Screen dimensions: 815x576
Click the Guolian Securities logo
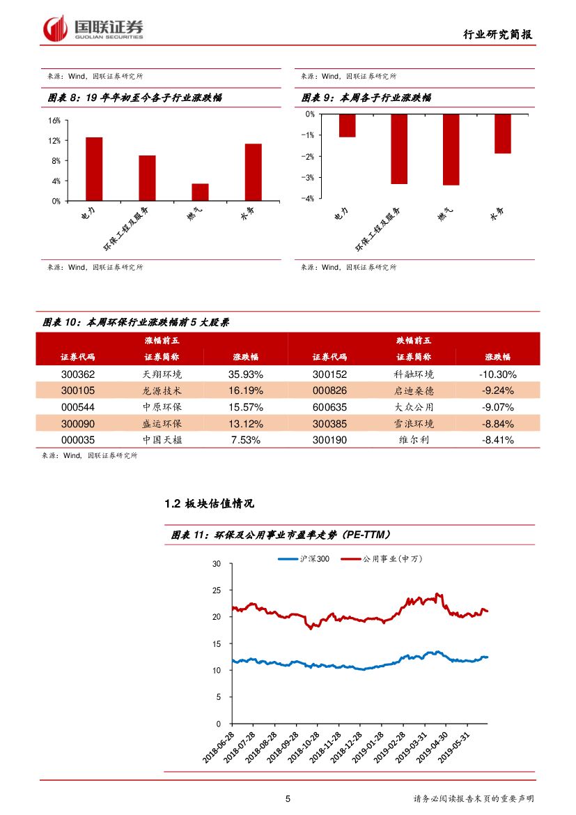tap(94, 29)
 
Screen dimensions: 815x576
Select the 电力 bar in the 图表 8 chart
tap(94, 169)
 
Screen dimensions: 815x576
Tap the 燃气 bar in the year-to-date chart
tap(200, 192)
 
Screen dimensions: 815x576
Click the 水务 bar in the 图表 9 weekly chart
tap(502, 133)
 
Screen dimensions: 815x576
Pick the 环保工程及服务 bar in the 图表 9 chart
tap(398, 148)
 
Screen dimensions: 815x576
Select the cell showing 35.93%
tap(245, 374)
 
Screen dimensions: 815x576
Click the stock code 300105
tap(78, 390)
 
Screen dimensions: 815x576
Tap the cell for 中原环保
tap(162, 407)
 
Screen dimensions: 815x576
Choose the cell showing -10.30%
tap(497, 374)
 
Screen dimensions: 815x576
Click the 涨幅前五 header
tap(162, 340)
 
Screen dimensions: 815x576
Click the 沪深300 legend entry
tap(305, 558)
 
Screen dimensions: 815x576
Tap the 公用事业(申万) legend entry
tap(392, 558)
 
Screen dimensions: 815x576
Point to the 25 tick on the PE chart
tap(217, 591)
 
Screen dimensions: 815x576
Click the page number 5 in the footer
tap(288, 799)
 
